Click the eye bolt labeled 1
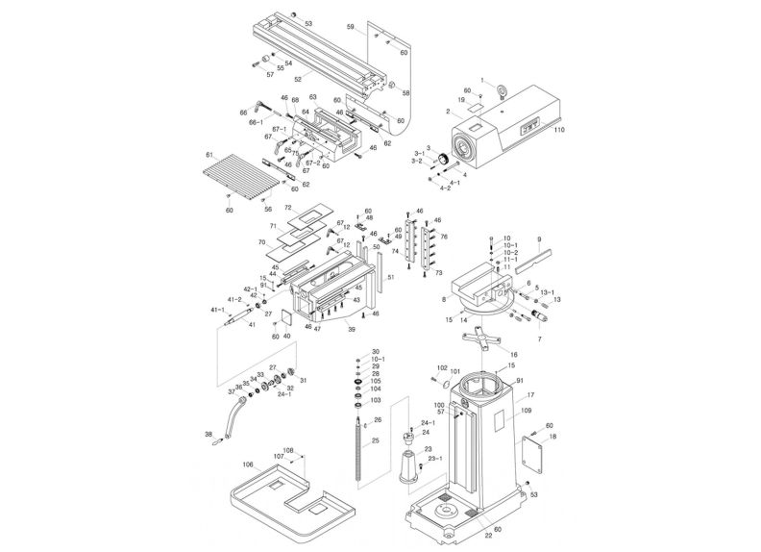(x=502, y=92)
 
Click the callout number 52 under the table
(x=298, y=78)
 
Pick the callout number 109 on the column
(x=527, y=411)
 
